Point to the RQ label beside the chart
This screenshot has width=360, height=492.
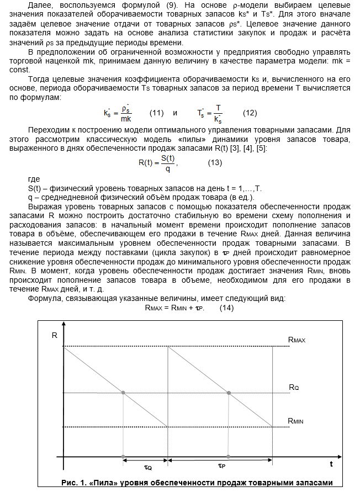(x=294, y=387)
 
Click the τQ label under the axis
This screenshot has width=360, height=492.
(x=148, y=468)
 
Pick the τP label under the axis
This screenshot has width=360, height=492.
(x=221, y=466)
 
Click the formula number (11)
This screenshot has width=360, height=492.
(x=157, y=113)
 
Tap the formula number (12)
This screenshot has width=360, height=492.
(x=250, y=113)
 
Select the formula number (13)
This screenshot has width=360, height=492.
(x=215, y=163)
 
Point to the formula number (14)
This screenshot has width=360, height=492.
(x=226, y=308)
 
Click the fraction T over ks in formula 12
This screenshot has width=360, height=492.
(x=218, y=113)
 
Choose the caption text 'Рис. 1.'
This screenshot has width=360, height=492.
(x=74, y=483)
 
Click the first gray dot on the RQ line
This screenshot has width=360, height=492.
(x=123, y=393)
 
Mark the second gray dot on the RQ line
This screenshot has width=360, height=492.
(x=229, y=393)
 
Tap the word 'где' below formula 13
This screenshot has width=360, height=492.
(x=34, y=179)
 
